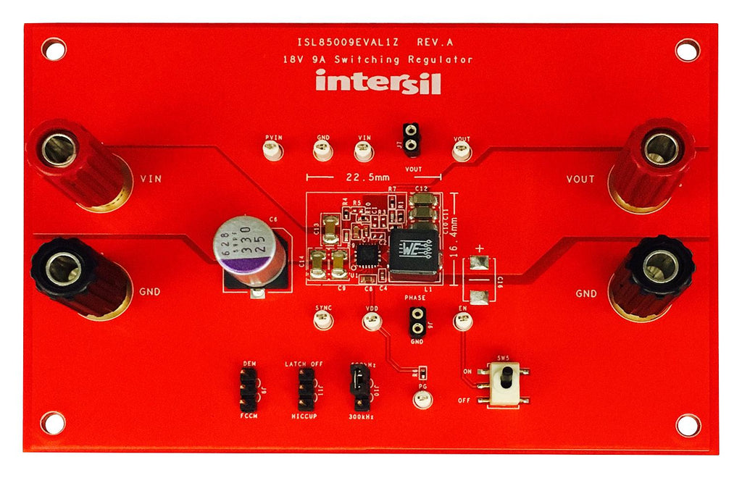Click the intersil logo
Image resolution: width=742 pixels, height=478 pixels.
[378, 82]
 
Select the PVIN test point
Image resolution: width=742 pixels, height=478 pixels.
[273, 150]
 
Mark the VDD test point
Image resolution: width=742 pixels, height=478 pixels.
[372, 320]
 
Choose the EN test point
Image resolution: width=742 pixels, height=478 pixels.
[462, 320]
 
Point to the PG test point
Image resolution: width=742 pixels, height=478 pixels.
[422, 398]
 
